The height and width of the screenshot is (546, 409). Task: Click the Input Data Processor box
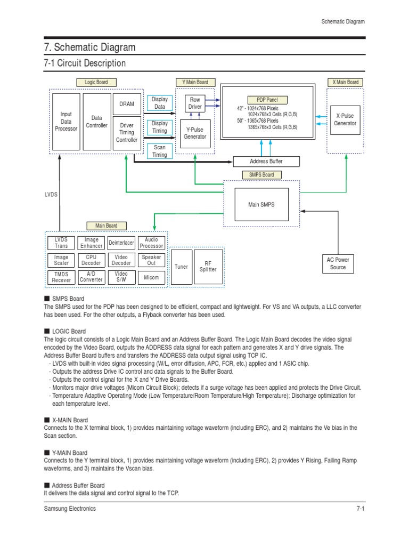tap(66, 122)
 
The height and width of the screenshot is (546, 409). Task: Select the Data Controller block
tap(96, 122)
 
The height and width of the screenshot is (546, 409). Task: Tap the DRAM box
tap(127, 104)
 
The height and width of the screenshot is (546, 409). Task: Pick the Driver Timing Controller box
tap(127, 133)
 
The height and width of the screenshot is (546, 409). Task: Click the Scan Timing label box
tap(159, 151)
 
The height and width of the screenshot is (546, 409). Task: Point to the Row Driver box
tap(195, 103)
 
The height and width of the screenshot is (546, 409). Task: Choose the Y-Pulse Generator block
tap(195, 133)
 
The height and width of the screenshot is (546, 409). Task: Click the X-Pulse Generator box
tap(345, 119)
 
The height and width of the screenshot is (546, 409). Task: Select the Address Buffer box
tap(266, 161)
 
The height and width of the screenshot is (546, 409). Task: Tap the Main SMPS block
tap(261, 205)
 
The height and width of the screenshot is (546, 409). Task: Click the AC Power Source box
tap(338, 263)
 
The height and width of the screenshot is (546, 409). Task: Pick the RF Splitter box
tap(208, 266)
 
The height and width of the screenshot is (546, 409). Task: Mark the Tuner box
tap(181, 266)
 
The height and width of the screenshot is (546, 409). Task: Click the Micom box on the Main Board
tap(151, 277)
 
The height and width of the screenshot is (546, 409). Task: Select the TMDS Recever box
tap(61, 277)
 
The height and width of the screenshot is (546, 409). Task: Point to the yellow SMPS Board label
tap(261, 175)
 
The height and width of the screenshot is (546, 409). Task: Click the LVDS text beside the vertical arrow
tap(51, 195)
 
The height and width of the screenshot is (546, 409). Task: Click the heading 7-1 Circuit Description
tap(85, 63)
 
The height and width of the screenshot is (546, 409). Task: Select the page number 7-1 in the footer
tap(360, 509)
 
